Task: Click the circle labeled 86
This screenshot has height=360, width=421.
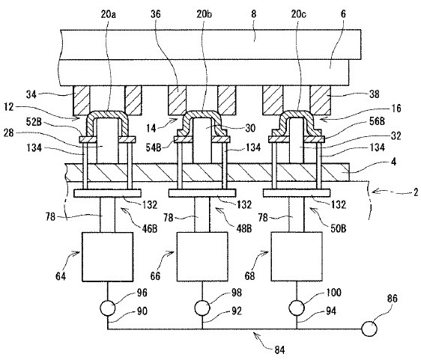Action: pos(369,329)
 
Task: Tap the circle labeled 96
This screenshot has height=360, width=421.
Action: pos(108,308)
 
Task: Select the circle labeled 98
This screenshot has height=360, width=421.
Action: pos(202,308)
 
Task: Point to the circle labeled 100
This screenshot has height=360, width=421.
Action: pos(297,308)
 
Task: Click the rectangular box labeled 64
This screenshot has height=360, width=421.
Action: pos(107,257)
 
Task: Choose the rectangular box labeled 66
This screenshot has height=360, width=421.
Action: pos(202,257)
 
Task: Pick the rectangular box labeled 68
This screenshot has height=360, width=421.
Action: pos(297,257)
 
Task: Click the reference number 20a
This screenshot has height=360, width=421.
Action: pos(108,14)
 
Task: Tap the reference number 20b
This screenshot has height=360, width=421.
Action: pos(204,14)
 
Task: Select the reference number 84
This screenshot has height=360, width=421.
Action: pos(279,350)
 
